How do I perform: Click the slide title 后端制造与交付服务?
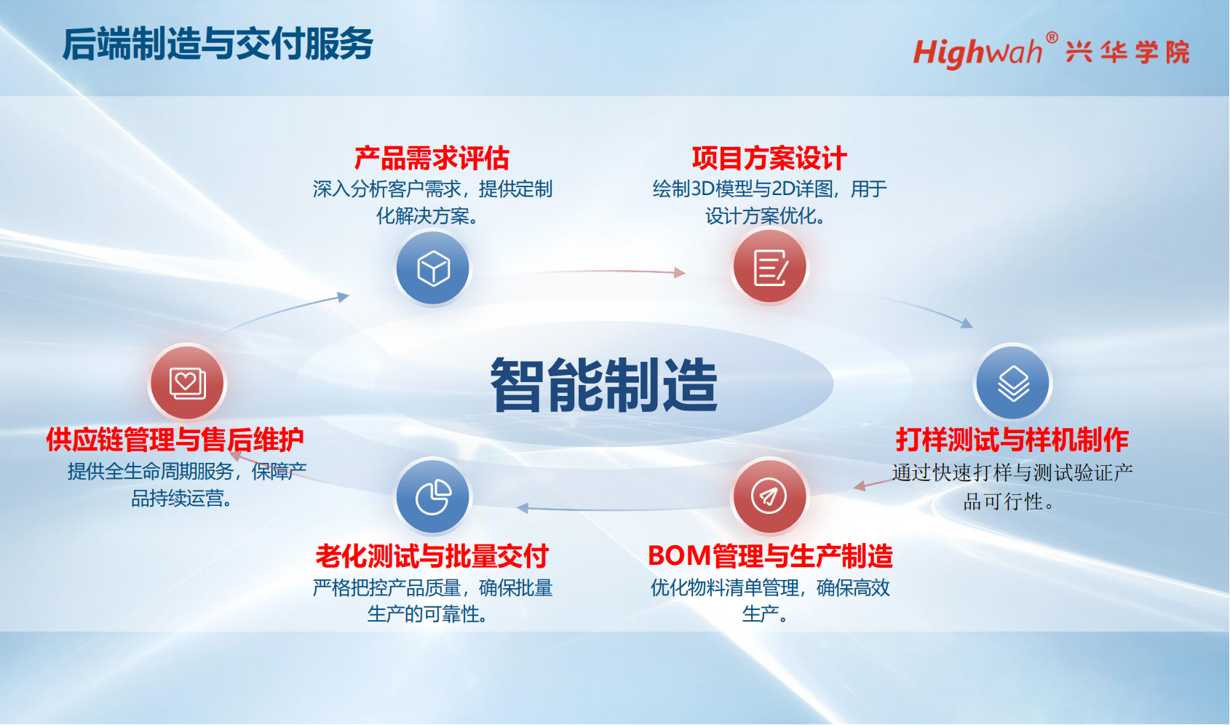[x=218, y=44]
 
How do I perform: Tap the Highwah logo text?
[x=977, y=52]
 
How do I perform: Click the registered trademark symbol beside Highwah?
[x=1052, y=38]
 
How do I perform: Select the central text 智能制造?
[x=604, y=384]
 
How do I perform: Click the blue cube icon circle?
[x=433, y=268]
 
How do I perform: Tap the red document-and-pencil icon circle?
[x=769, y=267]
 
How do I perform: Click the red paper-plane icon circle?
[x=769, y=496]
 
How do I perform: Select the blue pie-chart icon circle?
[x=433, y=496]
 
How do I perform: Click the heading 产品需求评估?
[x=432, y=158]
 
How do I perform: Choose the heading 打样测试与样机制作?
[x=1012, y=440]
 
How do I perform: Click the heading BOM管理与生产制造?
[x=770, y=556]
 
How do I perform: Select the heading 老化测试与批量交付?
[x=432, y=556]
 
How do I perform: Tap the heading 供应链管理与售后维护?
[x=175, y=440]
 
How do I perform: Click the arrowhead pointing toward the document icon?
[x=681, y=272]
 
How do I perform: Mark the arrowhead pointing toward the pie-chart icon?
[x=523, y=508]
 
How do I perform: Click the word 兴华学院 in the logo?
[x=1127, y=52]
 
